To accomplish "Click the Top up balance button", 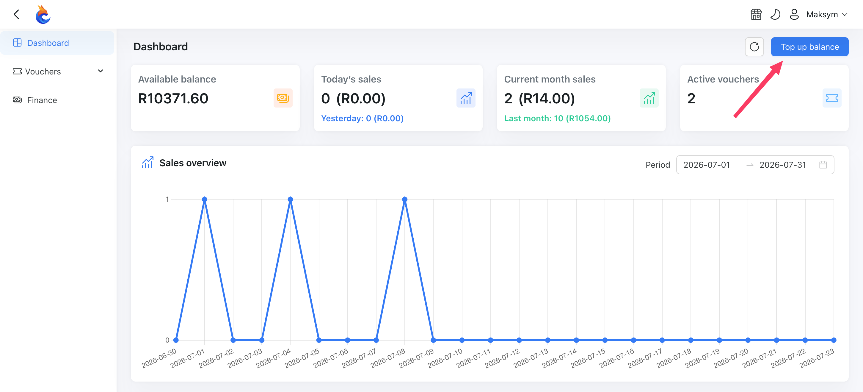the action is tap(809, 47).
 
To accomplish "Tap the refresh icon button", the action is tap(754, 47).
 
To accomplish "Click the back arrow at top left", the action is tap(16, 14).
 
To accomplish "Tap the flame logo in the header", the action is tap(43, 14).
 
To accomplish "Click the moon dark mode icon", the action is tap(775, 14).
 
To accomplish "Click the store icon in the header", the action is tap(756, 14).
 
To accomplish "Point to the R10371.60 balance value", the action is tap(173, 98).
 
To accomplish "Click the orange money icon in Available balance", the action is tap(283, 98).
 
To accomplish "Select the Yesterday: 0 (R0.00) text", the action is tap(362, 119).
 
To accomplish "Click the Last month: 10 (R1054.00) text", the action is tap(557, 119).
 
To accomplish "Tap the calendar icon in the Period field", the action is tap(823, 165).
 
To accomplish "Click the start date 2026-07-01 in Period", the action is tap(707, 165).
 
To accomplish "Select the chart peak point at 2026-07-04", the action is tap(291, 199).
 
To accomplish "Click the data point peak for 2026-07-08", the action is tap(405, 199).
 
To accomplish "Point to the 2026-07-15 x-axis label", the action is tap(588, 358).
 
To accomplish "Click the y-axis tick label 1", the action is tap(167, 199).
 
